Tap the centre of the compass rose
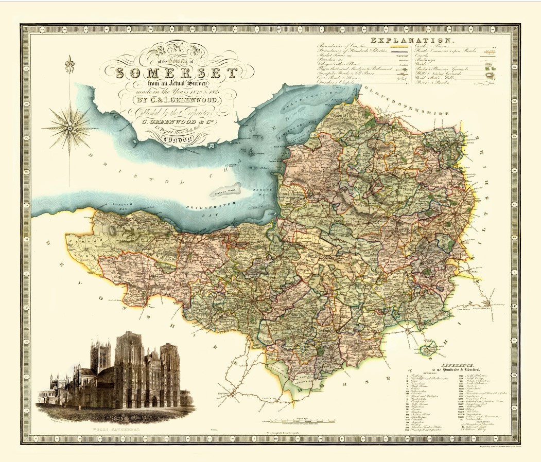[x=69, y=125]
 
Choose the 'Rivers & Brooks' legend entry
[x=434, y=82]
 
